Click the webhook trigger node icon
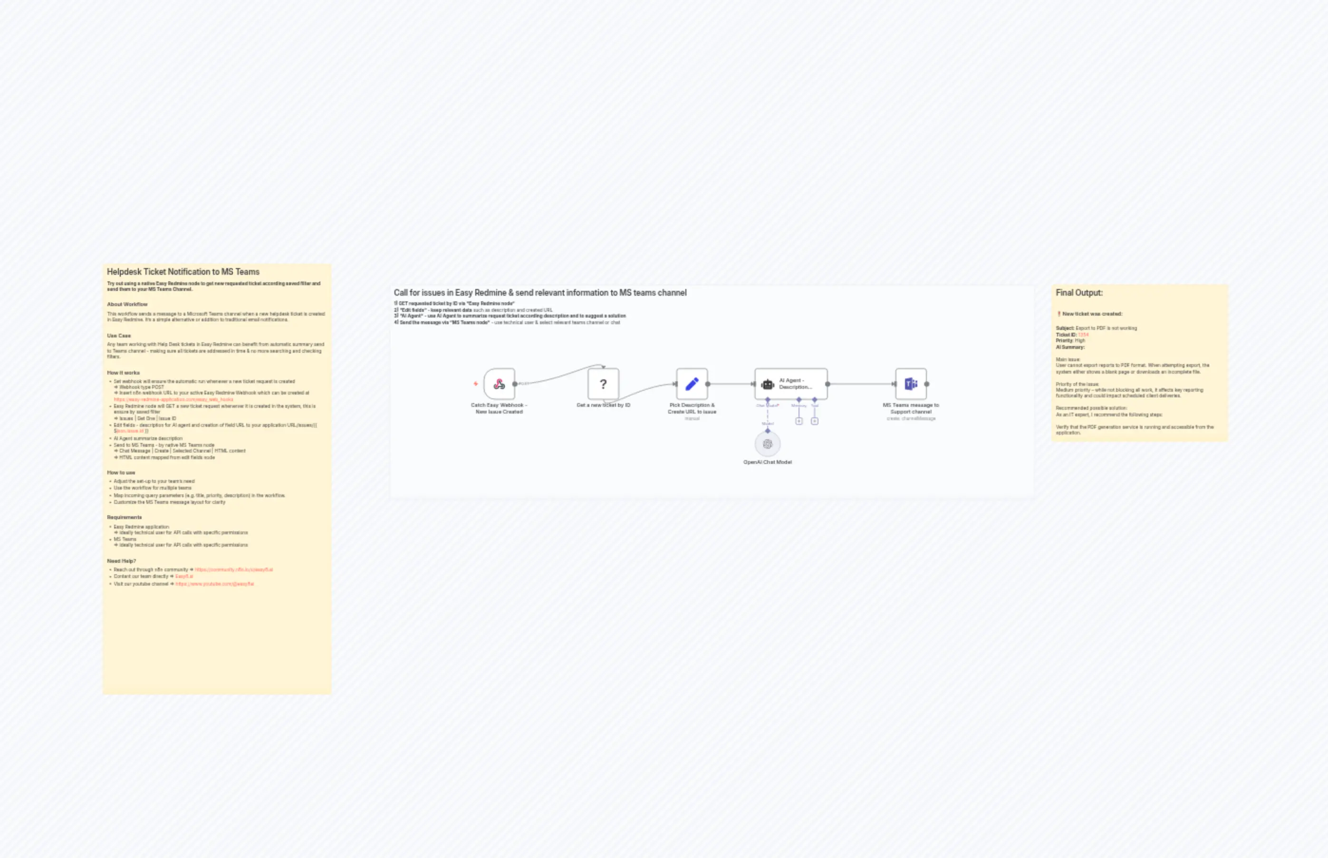(x=499, y=384)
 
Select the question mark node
(x=603, y=384)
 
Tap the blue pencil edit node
(x=692, y=384)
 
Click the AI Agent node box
(x=791, y=384)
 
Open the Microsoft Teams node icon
(x=911, y=384)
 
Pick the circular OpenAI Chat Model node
(x=768, y=444)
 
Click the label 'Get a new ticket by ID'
(x=603, y=405)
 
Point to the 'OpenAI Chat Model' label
(x=768, y=462)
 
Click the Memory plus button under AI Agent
(x=799, y=421)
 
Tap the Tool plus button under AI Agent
(x=814, y=421)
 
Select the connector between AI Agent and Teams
(x=861, y=384)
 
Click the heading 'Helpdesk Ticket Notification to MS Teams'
(x=183, y=272)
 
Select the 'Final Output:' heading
(x=1079, y=292)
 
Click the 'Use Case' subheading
(x=119, y=336)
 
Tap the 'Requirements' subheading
(x=124, y=517)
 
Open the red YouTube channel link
(x=214, y=584)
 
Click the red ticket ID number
(x=1083, y=335)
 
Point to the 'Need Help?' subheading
(x=121, y=561)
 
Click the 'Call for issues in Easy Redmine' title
(x=540, y=292)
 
